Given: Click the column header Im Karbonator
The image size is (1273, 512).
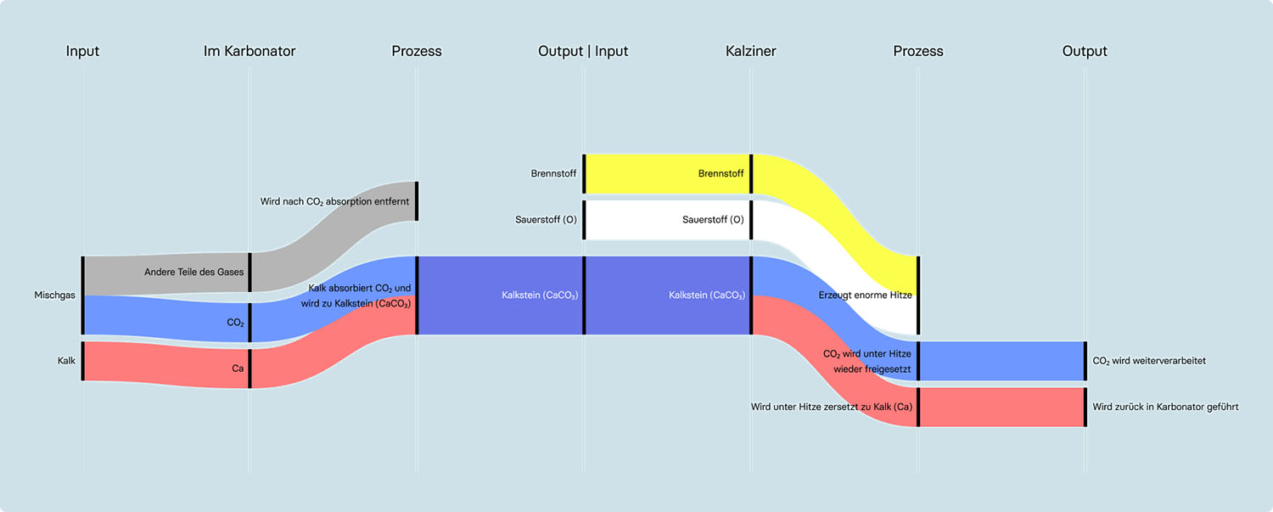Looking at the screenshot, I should click(250, 51).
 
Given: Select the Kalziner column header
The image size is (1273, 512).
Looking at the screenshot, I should click(750, 51).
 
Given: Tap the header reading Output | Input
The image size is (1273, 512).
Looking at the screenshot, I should click(583, 51).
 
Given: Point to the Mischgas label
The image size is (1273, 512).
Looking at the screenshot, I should click(55, 295).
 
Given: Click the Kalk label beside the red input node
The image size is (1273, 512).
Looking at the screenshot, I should click(66, 361).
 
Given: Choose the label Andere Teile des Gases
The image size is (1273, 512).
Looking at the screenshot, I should click(193, 272).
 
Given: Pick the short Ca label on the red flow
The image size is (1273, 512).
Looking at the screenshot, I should click(238, 369).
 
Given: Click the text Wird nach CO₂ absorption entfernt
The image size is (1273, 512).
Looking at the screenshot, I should click(334, 201).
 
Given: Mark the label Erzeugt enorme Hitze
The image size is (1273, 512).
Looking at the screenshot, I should click(865, 295).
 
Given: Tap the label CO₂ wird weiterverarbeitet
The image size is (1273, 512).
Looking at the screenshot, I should click(1149, 361).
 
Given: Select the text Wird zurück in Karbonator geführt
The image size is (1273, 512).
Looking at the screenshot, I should click(1165, 407).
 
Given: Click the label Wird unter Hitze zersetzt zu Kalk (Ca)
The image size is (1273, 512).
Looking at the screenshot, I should click(831, 407).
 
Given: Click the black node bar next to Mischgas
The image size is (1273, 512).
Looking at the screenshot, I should click(82, 295).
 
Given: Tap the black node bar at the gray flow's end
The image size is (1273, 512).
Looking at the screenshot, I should click(417, 201).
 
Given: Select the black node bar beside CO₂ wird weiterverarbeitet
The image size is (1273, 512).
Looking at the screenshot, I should click(1085, 361).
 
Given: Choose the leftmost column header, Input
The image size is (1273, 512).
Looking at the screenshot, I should click(82, 51).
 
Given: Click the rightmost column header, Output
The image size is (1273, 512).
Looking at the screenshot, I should click(1085, 51).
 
